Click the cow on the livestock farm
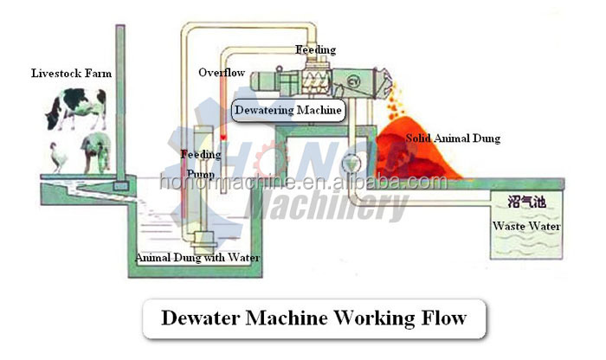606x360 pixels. coord(76,111)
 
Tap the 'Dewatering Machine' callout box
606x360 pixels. coord(288,110)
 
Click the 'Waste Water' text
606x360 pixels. coord(526,227)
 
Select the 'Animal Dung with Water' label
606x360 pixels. coord(197,258)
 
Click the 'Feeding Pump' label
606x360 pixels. coord(201,162)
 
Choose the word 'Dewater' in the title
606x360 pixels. coord(202,318)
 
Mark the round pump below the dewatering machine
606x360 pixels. coord(351,160)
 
